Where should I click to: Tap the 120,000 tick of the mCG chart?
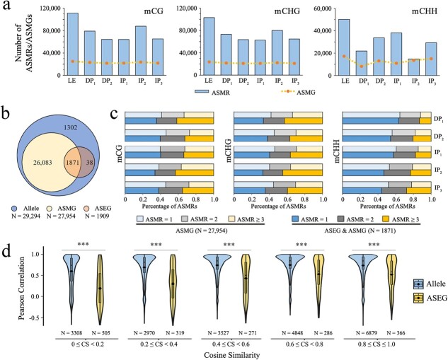pyautogui.click(x=47, y=8)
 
